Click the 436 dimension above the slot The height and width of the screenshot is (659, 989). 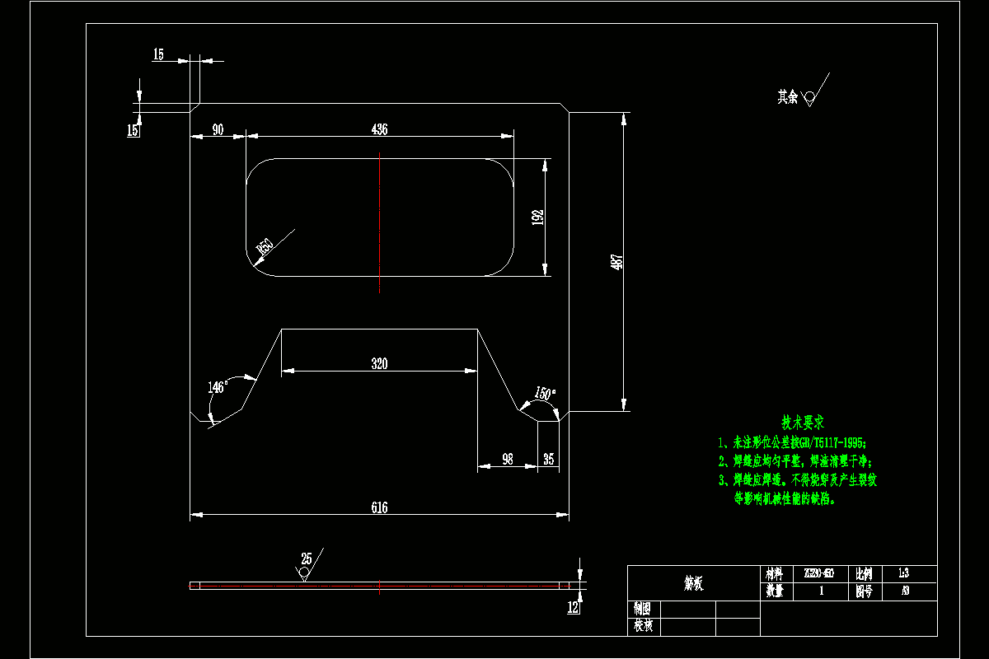tap(379, 129)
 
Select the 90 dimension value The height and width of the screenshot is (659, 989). tap(218, 129)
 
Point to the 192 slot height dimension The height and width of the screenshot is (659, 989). tap(537, 217)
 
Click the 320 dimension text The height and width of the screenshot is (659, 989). tap(379, 364)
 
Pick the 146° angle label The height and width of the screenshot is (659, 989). tap(218, 386)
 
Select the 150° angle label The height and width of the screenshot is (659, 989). tap(545, 394)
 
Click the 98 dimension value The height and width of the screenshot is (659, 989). tap(508, 460)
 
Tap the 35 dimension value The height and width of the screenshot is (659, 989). tap(549, 460)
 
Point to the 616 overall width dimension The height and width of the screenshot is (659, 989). tap(379, 508)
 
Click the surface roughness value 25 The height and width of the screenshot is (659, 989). tap(307, 559)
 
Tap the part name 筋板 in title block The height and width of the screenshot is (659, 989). tap(693, 583)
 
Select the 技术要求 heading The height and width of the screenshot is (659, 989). tap(802, 423)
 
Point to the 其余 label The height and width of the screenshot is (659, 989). tap(788, 96)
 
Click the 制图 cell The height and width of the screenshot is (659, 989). tap(643, 609)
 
